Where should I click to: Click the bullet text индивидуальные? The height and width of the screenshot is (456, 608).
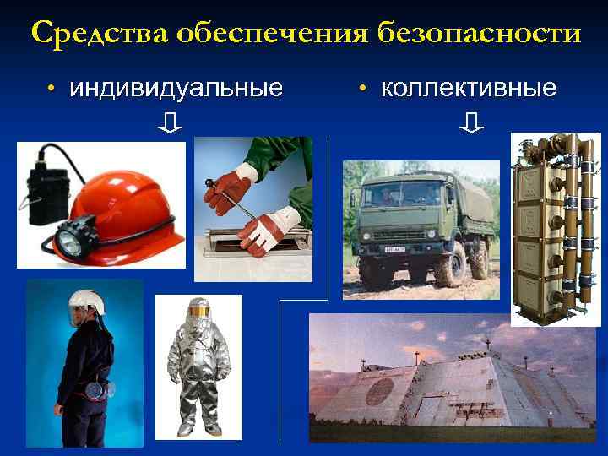pyautogui.click(x=176, y=88)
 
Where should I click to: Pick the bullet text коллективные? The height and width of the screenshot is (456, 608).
pyautogui.click(x=468, y=88)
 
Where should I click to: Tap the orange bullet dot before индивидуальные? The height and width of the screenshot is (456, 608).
pyautogui.click(x=52, y=90)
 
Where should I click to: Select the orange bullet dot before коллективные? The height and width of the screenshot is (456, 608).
pyautogui.click(x=361, y=90)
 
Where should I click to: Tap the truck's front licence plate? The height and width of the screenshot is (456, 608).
pyautogui.click(x=397, y=251)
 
